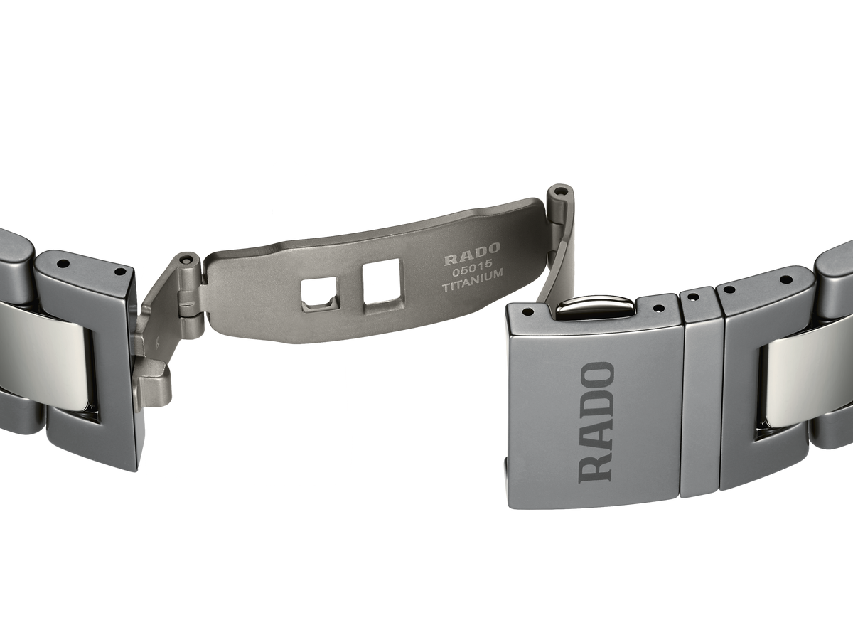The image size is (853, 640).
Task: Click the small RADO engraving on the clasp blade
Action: coord(472,259)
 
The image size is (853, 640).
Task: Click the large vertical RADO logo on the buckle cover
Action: coord(596,422)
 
